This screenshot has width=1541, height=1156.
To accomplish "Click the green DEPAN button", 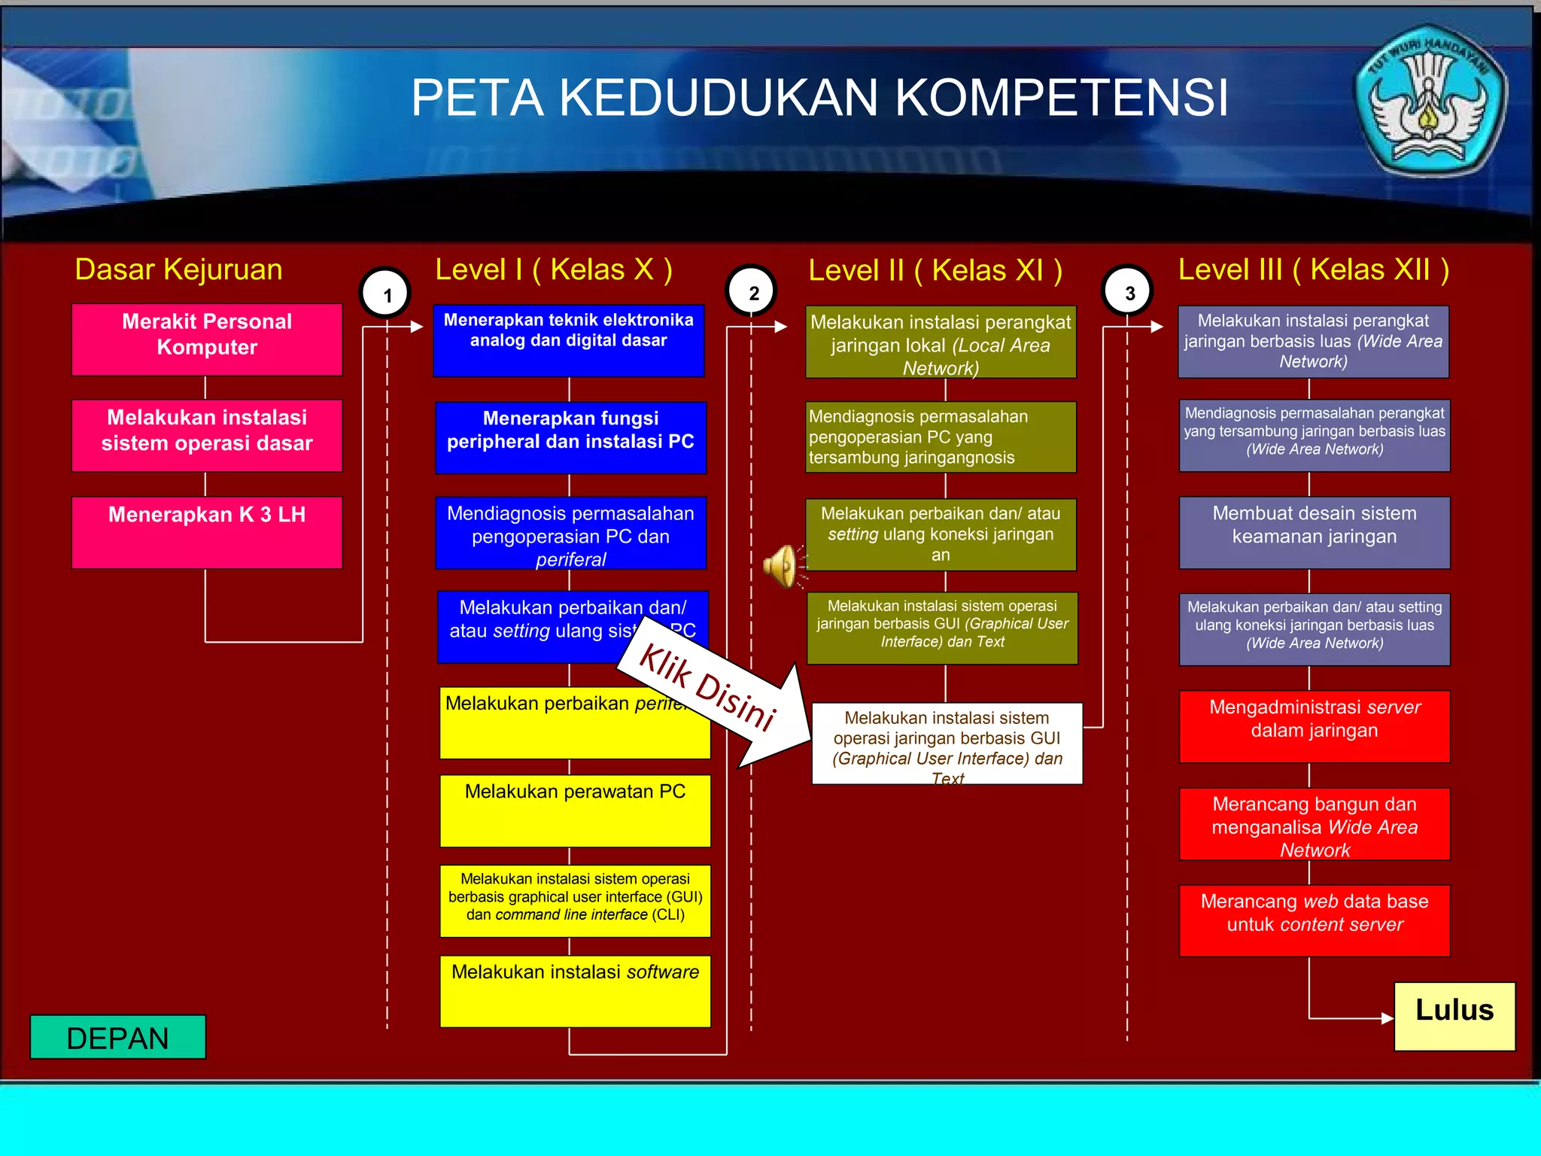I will click(117, 1037).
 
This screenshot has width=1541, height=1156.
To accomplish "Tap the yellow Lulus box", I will click(1454, 1015).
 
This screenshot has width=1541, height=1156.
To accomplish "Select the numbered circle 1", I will click(386, 294).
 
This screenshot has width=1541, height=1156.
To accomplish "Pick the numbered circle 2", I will click(752, 292).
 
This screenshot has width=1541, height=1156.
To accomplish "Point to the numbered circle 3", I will click(1127, 292).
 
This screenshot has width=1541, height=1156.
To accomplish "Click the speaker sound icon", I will click(783, 566).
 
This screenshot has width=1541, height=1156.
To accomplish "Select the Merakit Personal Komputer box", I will click(207, 339).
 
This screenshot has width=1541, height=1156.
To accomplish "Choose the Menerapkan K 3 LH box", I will click(207, 532).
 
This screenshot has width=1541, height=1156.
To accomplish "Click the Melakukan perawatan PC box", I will click(575, 811).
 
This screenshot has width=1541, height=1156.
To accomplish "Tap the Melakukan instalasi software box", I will click(575, 990).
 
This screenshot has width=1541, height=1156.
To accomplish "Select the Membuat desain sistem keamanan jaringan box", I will click(1314, 532).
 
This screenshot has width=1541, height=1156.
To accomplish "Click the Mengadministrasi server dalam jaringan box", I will click(1314, 726).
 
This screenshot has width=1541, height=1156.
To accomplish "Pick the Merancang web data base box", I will click(1314, 920).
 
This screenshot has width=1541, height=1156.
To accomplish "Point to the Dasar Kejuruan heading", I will click(178, 269).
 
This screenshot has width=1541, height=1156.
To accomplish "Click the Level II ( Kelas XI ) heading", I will click(935, 270).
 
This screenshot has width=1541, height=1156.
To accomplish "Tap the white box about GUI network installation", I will click(947, 744).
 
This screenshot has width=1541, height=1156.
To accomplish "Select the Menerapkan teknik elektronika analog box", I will click(569, 340).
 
